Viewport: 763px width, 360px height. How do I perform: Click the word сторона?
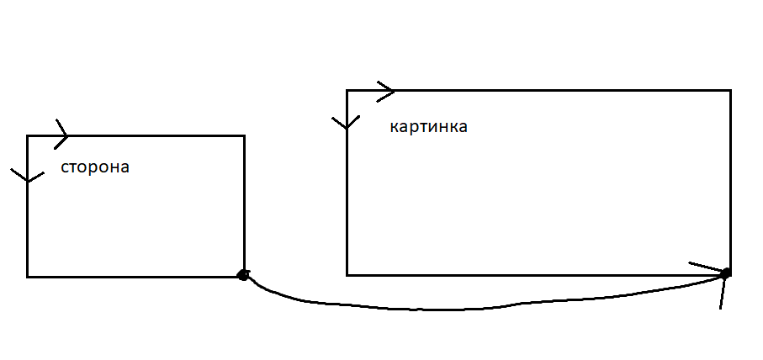(95, 167)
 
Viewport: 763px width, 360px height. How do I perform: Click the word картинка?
(429, 128)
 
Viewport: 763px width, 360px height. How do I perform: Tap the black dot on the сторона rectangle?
(243, 275)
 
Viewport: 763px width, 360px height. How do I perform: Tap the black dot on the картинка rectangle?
(726, 273)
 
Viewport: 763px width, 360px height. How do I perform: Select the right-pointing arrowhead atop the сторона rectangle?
(62, 132)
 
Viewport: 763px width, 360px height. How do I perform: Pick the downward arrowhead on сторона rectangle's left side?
(28, 176)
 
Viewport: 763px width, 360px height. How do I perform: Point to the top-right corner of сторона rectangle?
(244, 135)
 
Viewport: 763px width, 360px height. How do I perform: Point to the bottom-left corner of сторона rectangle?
(28, 276)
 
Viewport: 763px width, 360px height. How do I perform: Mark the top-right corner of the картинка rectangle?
(729, 90)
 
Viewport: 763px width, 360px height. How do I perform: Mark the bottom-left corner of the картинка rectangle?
(347, 274)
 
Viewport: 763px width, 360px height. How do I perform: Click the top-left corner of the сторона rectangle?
(28, 135)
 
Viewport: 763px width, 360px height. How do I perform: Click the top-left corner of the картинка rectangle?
(347, 90)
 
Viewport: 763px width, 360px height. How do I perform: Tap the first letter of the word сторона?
(65, 167)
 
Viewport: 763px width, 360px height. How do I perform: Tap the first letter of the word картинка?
(395, 128)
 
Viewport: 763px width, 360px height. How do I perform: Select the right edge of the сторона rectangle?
(244, 206)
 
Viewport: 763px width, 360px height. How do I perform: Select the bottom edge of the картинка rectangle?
(538, 274)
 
